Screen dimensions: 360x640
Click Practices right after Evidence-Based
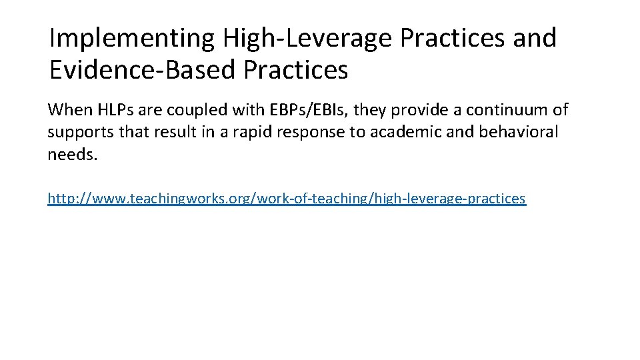(x=296, y=69)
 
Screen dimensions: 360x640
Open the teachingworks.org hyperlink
(x=287, y=198)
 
